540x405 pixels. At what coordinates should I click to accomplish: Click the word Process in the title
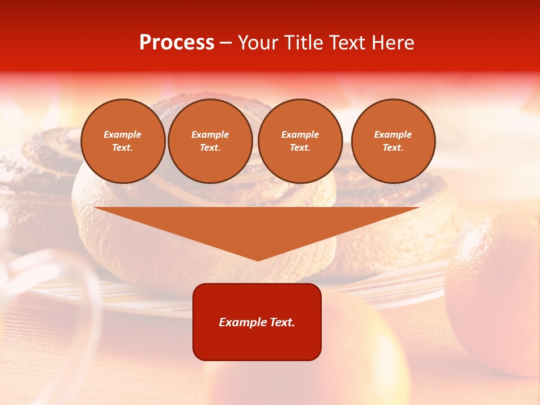tap(177, 43)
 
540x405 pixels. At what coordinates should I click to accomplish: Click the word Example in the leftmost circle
tap(123, 134)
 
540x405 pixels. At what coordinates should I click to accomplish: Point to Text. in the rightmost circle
tap(393, 147)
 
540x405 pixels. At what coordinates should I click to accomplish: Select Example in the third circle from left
tap(300, 134)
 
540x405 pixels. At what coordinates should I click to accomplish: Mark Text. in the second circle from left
tap(210, 147)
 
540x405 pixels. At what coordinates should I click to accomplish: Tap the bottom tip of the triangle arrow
tap(258, 259)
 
